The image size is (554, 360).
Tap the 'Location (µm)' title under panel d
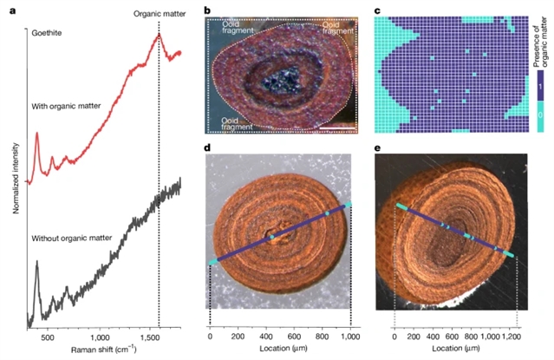279,349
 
